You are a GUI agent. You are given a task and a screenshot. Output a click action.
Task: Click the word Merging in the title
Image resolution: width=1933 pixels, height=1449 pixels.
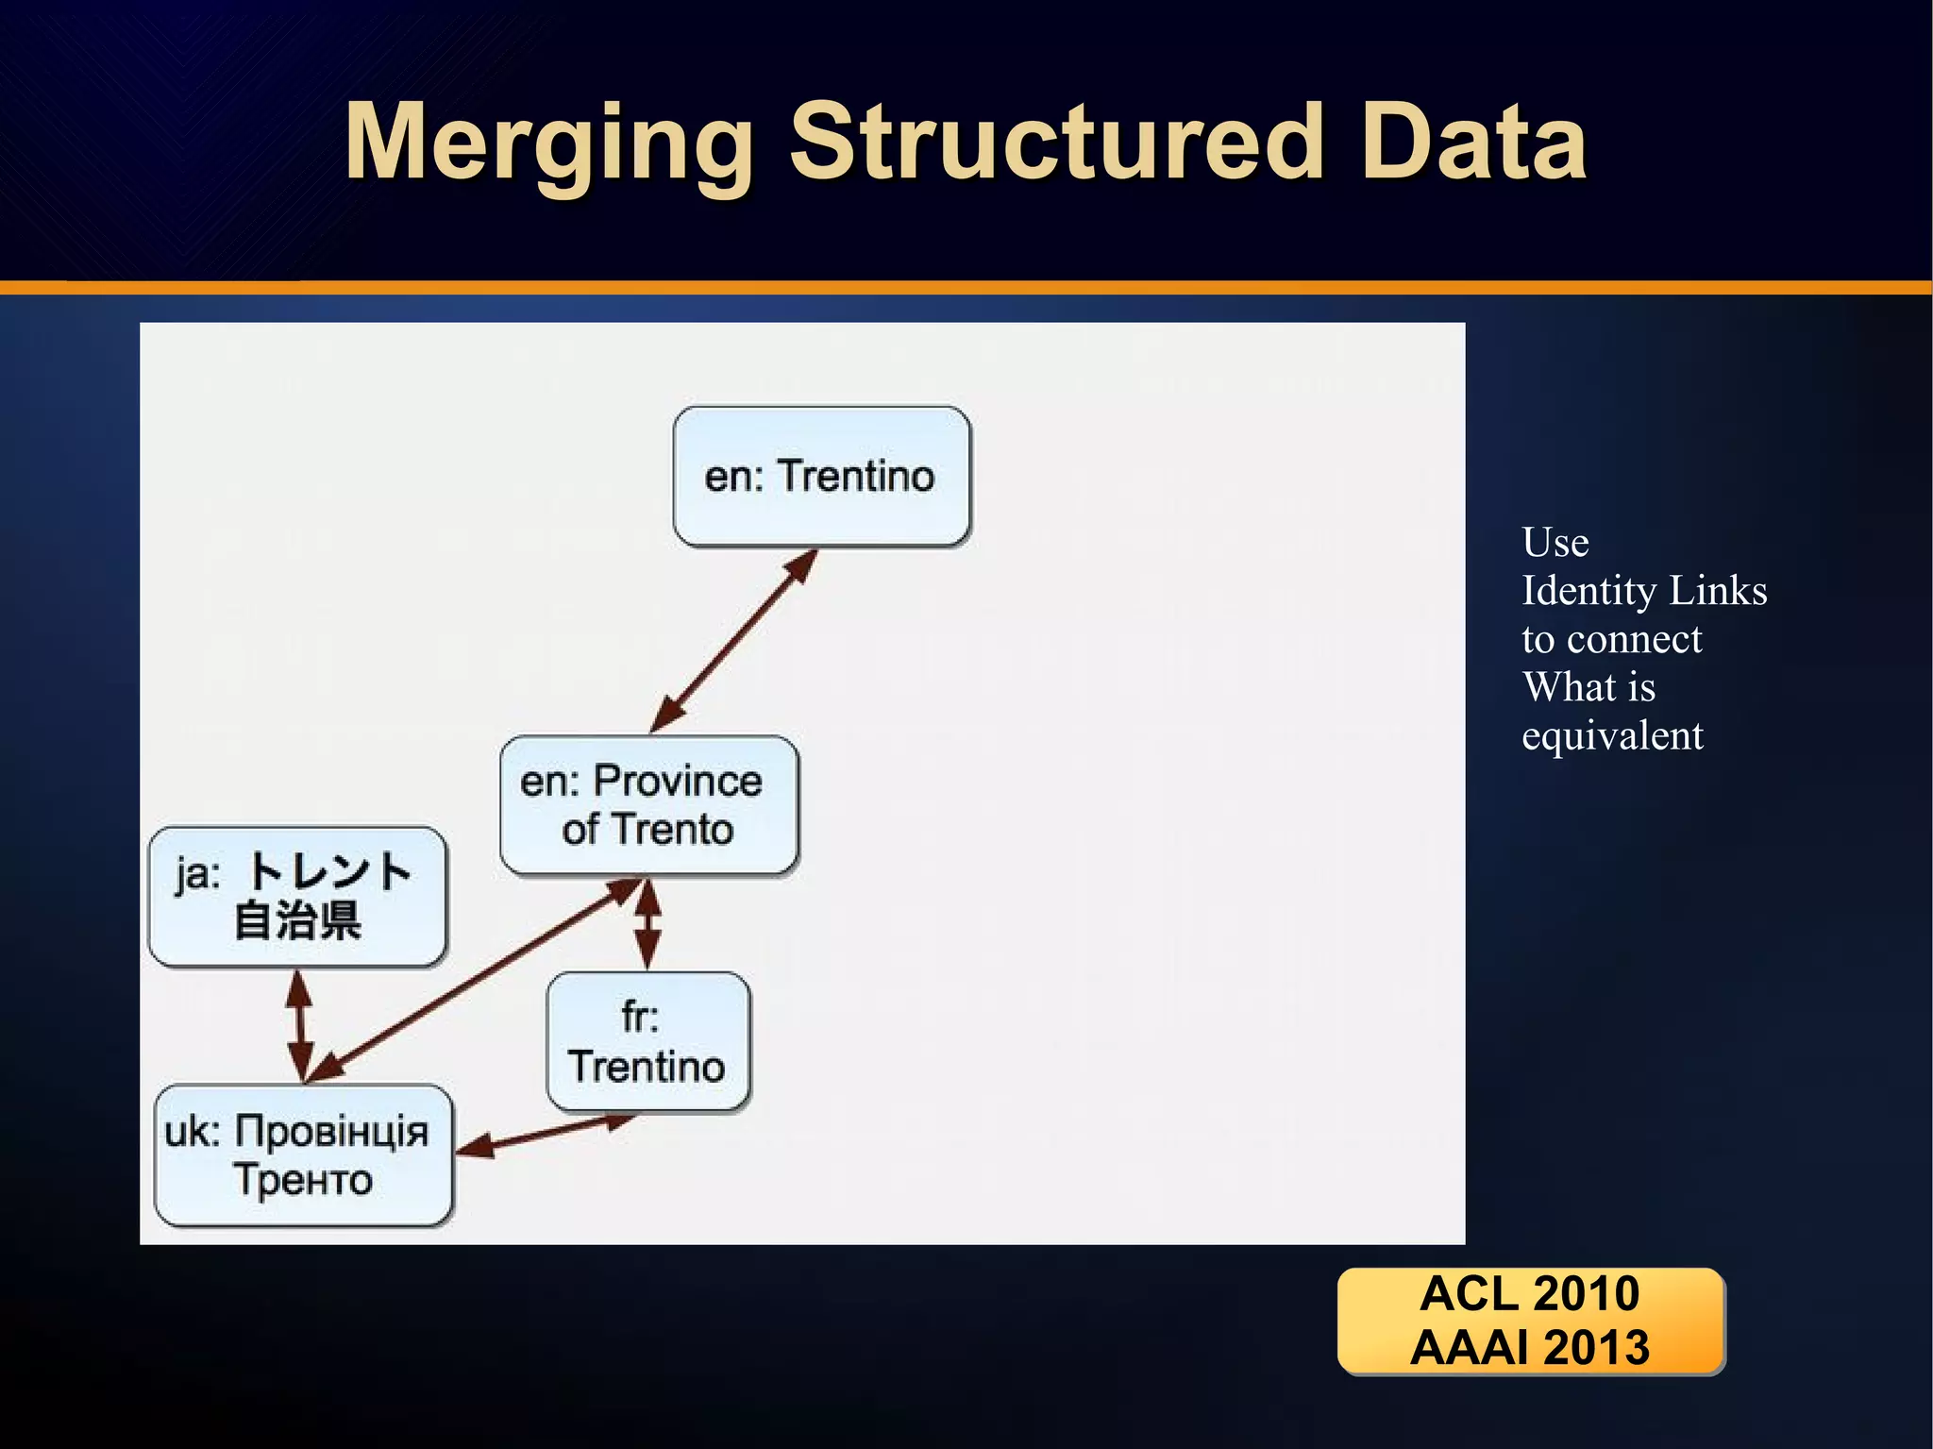(548, 143)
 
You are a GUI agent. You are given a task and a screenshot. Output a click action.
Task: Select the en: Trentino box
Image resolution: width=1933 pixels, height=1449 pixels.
(821, 477)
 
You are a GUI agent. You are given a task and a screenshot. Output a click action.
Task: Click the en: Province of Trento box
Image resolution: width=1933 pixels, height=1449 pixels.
(648, 805)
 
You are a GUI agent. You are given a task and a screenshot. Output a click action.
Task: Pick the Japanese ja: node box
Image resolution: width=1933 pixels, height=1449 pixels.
(297, 896)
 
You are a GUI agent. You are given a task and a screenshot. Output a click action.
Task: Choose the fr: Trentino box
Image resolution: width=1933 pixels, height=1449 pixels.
(647, 1041)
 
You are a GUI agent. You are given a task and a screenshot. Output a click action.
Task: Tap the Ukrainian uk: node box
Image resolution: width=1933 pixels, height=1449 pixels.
(302, 1155)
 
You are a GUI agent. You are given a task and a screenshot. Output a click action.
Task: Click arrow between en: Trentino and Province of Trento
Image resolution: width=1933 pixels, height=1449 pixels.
(733, 641)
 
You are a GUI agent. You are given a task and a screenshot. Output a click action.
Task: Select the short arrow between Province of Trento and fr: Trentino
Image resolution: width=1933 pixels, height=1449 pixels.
(647, 925)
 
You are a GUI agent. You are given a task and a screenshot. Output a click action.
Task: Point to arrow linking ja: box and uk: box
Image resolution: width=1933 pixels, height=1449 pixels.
(300, 1025)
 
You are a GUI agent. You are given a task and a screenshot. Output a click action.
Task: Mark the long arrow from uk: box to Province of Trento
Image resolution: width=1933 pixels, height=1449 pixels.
(472, 981)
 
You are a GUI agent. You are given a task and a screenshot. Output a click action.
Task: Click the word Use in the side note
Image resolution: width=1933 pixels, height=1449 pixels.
(1555, 543)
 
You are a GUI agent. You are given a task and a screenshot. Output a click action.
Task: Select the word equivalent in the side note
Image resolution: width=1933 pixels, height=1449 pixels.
(1612, 735)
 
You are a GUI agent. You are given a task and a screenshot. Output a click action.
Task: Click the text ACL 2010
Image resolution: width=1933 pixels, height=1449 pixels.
(1529, 1293)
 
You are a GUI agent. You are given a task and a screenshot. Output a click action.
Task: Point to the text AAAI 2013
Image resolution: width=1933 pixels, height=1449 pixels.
(1529, 1347)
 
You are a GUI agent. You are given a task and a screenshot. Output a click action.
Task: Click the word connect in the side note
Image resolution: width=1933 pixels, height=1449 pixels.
(1634, 639)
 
